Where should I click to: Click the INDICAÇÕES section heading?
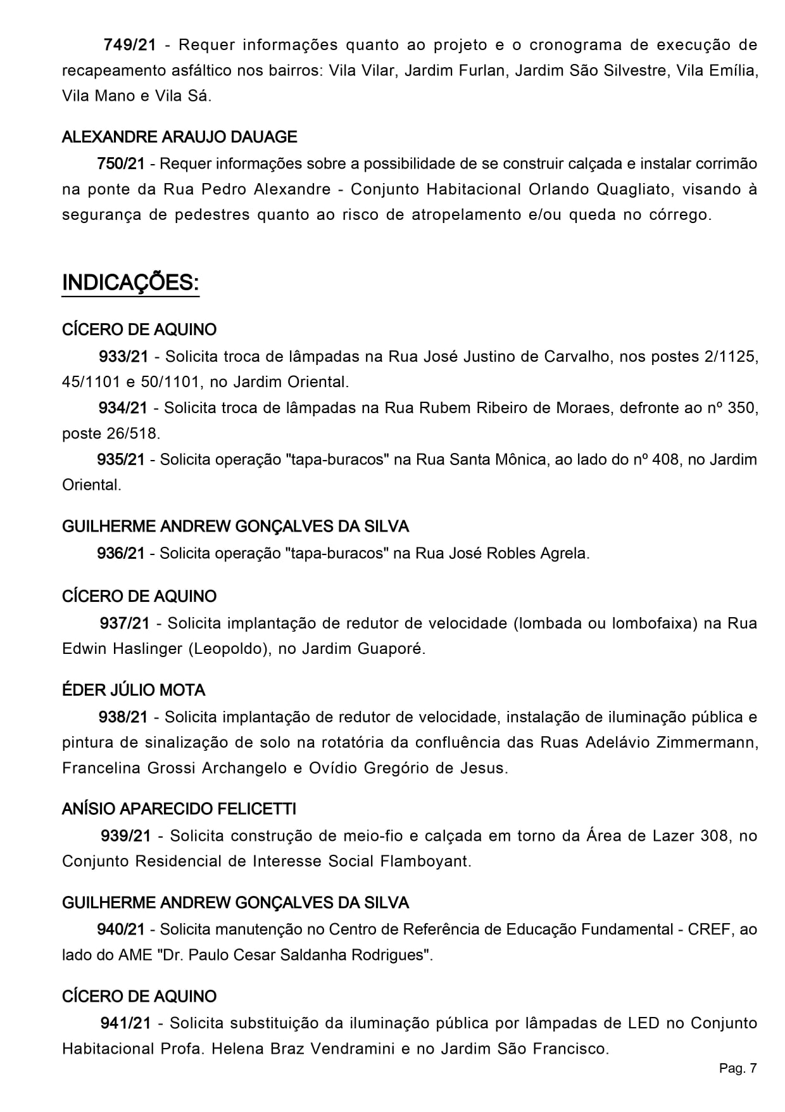130,283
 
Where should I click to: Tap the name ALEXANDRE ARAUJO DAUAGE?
179,137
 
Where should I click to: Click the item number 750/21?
121,163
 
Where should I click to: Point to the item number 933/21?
123,356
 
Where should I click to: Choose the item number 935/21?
121,459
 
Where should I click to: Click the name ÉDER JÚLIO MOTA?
134,690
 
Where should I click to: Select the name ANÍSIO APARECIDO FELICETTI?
179,808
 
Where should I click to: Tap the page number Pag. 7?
738,1068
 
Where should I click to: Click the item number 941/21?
125,1023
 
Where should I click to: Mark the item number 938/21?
123,717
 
